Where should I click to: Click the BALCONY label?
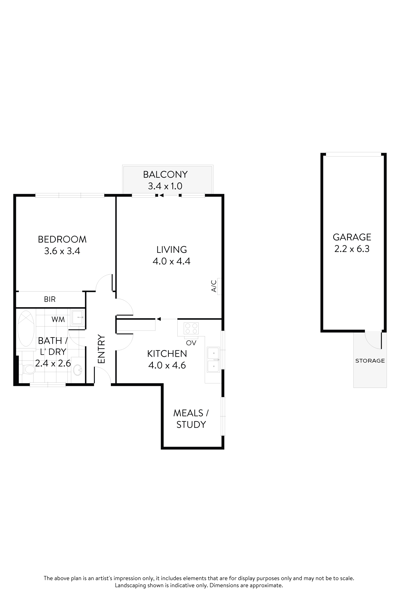(x=165, y=174)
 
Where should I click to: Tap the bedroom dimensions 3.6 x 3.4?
(x=62, y=251)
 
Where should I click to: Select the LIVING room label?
(x=171, y=250)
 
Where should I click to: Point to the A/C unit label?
(x=214, y=286)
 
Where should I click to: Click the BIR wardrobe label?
(x=50, y=299)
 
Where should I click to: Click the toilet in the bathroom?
(x=29, y=369)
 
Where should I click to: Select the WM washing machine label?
(x=58, y=319)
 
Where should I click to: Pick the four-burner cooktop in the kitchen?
(x=191, y=328)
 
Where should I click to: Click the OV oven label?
(x=191, y=343)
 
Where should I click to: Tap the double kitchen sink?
(x=213, y=360)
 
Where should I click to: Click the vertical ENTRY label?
(x=101, y=349)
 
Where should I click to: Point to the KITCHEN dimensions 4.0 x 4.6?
(x=167, y=365)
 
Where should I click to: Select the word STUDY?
(x=191, y=425)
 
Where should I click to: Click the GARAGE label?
(x=352, y=237)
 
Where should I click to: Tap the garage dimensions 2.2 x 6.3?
(x=352, y=249)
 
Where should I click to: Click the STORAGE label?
(x=370, y=361)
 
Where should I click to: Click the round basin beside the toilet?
(x=78, y=370)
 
